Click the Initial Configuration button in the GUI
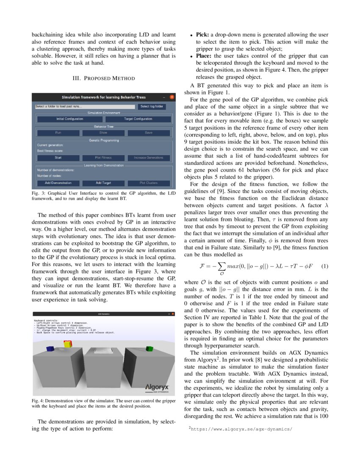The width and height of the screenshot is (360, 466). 69,119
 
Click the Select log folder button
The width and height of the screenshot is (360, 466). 151,106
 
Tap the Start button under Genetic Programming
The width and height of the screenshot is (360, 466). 58,158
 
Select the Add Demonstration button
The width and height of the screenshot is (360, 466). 58,183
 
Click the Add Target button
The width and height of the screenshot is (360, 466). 103,183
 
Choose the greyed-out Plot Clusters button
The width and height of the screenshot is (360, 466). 148,183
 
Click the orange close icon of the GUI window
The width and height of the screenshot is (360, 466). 172,97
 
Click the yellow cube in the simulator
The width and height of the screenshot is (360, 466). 67,344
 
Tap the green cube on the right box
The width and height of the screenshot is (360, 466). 149,349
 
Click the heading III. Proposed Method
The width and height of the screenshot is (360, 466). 104,78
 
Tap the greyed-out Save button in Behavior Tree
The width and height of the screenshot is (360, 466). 148,133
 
